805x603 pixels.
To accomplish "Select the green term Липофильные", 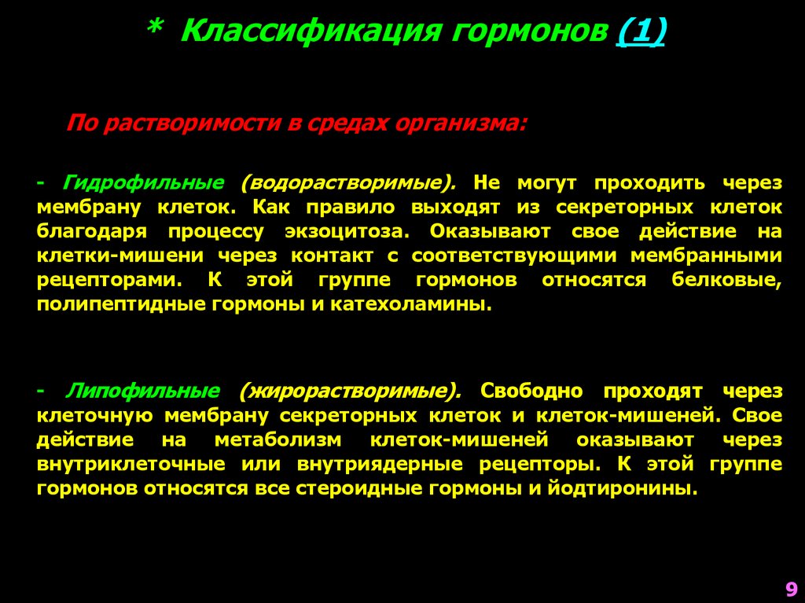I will pos(143,391).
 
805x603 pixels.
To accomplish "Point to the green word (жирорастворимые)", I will pos(351,391).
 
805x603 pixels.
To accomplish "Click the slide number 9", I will pos(790,589).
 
